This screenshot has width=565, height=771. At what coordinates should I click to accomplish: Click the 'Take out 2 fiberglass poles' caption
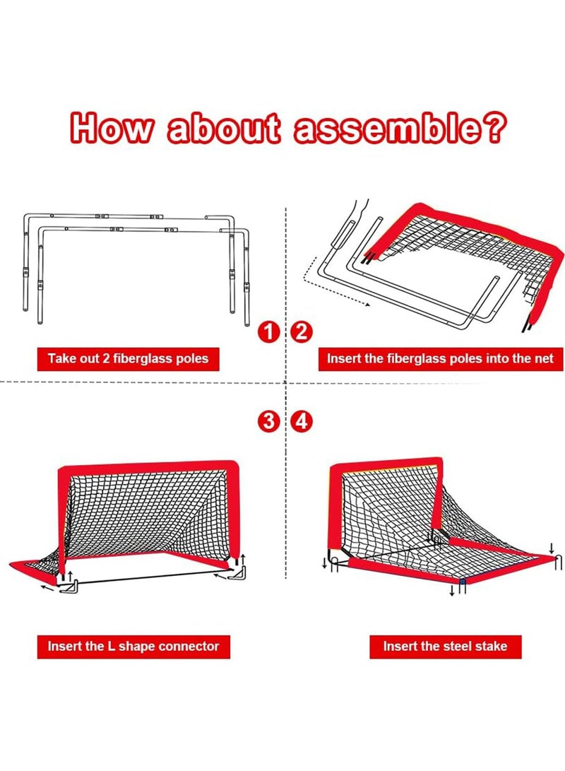pyautogui.click(x=129, y=358)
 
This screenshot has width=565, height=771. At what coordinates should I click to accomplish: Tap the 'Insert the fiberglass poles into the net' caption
pyautogui.click(x=439, y=358)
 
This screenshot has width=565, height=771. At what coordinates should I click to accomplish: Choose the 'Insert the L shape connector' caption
pyautogui.click(x=133, y=645)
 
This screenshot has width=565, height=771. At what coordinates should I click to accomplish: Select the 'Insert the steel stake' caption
pyautogui.click(x=445, y=645)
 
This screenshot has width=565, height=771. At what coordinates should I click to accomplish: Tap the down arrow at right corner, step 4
pyautogui.click(x=552, y=548)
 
